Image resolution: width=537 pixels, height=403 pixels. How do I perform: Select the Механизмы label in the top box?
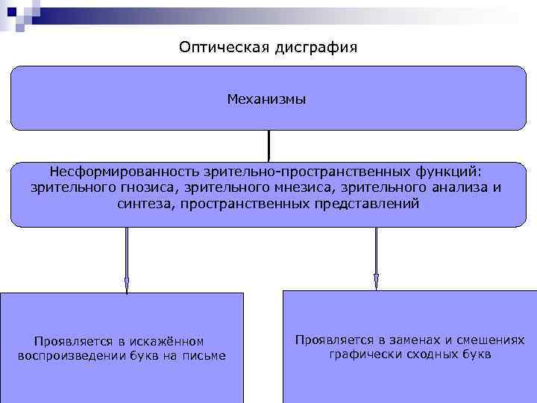click(x=267, y=99)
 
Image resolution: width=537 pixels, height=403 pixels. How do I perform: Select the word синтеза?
click(x=146, y=203)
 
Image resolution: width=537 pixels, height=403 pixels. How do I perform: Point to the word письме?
click(x=204, y=355)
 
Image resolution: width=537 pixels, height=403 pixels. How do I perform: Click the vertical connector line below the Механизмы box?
click(x=268, y=145)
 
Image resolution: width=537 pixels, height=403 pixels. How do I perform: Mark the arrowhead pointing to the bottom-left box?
click(x=127, y=284)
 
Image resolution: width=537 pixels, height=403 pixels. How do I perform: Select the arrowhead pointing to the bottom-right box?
click(x=377, y=281)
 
